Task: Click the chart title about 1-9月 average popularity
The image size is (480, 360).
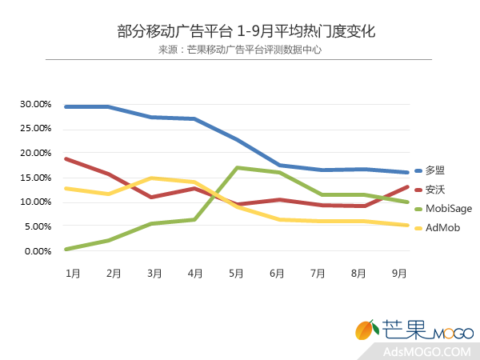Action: click(x=240, y=31)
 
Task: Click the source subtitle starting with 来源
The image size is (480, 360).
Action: click(x=240, y=50)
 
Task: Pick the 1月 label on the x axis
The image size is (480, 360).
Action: click(x=72, y=273)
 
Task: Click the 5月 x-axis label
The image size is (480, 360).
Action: click(x=236, y=273)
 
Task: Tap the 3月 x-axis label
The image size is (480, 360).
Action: click(x=154, y=273)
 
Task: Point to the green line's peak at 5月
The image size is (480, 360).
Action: click(x=236, y=167)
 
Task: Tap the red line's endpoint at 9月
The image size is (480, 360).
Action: click(x=408, y=186)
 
